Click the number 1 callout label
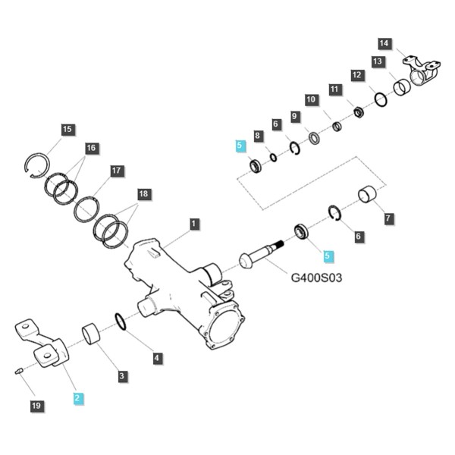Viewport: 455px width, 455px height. click(194, 224)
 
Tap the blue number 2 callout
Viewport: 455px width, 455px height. click(77, 398)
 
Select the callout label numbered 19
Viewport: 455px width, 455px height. click(36, 406)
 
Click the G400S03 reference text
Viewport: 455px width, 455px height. click(316, 278)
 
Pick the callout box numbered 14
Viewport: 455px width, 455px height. click(384, 43)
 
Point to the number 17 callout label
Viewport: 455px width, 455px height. click(116, 171)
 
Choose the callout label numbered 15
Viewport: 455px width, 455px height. click(67, 129)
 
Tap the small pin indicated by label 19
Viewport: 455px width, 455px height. click(18, 371)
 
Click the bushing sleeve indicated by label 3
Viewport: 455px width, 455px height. click(91, 334)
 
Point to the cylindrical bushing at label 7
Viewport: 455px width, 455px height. click(367, 194)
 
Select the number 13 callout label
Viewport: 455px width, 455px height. click(378, 61)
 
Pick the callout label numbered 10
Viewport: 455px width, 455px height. click(311, 99)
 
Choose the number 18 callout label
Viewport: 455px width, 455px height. click(143, 193)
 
